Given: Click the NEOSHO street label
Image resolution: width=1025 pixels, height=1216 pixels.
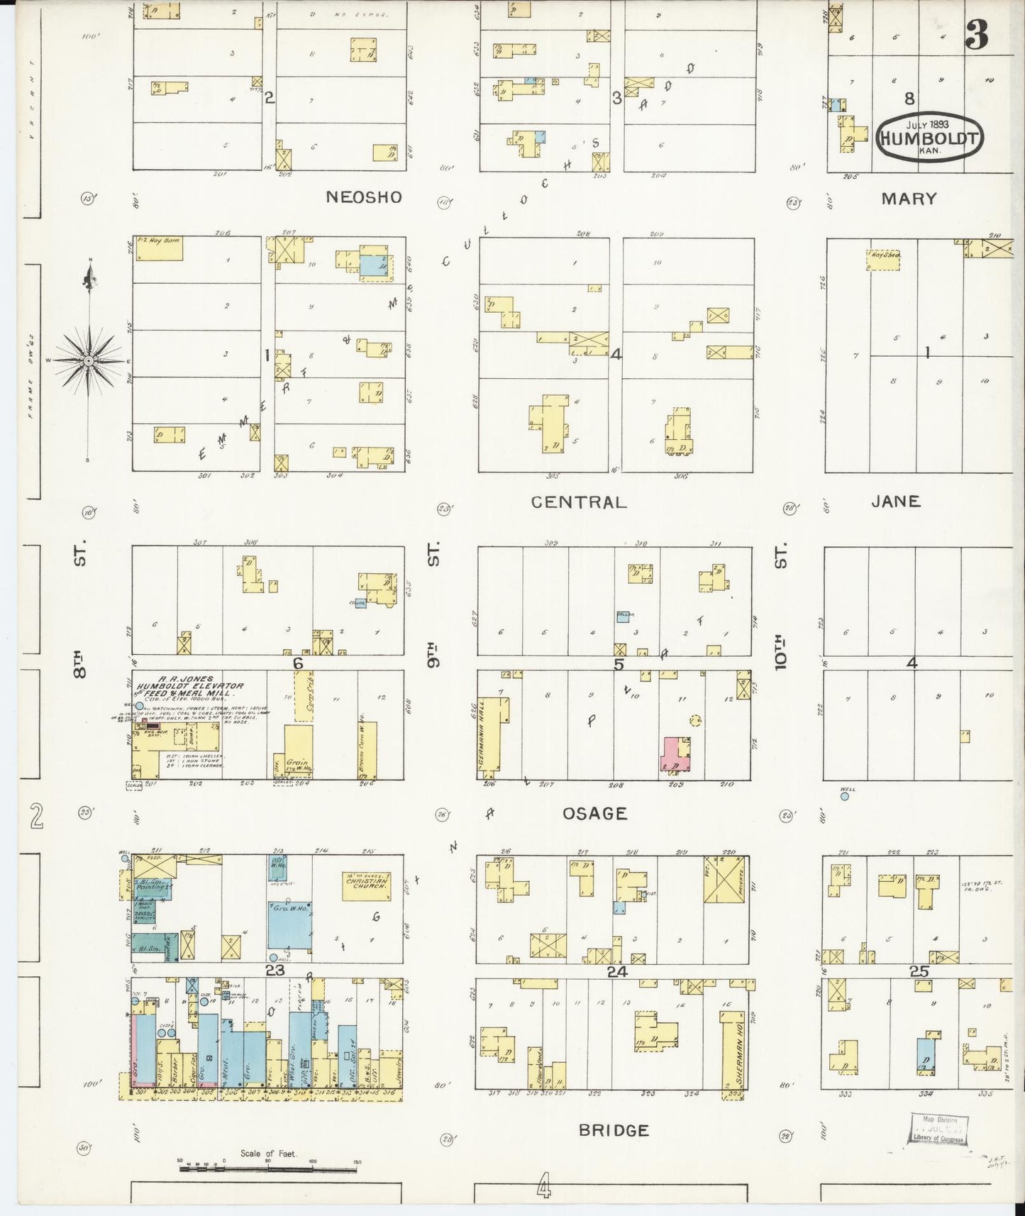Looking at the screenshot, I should click(363, 197).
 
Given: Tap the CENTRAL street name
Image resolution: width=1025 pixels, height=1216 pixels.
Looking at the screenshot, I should click(579, 502).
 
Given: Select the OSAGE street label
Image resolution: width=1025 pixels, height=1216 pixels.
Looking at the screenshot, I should click(594, 814).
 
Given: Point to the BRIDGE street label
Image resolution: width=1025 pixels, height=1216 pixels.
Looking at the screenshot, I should click(614, 1130).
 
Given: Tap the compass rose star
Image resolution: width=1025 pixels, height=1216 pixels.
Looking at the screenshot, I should click(89, 361).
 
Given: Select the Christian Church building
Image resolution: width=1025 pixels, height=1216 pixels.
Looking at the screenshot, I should click(366, 885).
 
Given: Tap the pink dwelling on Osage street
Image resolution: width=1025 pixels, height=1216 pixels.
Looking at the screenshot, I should click(670, 754).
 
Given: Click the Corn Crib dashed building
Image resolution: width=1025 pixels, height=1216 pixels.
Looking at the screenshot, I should click(304, 696).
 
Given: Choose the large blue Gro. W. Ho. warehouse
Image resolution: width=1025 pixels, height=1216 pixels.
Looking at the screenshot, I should click(289, 924).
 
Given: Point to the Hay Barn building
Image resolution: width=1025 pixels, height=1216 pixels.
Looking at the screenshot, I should click(158, 248).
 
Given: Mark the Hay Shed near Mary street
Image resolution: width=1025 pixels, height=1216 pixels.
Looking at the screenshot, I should click(882, 259).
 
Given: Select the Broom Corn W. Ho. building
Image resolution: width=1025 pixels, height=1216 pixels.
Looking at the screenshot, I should click(367, 750).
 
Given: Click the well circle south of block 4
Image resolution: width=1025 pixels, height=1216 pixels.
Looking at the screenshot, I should click(845, 797).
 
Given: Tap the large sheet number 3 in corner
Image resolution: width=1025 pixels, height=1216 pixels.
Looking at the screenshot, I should click(976, 35).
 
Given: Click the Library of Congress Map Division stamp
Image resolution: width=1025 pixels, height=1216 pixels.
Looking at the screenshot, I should click(938, 1129).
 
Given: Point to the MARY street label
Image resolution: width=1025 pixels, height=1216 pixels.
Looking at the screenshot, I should click(909, 199).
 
